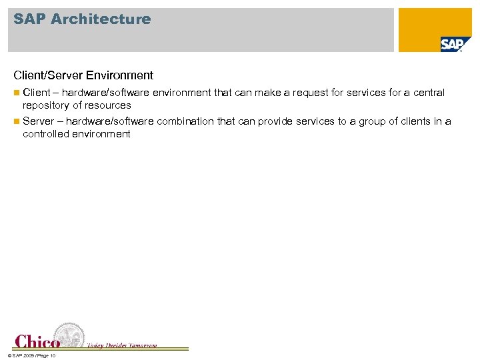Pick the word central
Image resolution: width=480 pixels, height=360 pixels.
pyautogui.click(x=429, y=93)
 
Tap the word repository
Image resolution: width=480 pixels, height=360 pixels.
pyautogui.click(x=47, y=105)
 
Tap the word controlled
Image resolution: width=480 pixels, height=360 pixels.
pyautogui.click(x=49, y=134)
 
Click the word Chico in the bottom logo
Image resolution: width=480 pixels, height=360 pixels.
pyautogui.click(x=37, y=341)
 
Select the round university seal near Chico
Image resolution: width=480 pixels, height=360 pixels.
pyautogui.click(x=69, y=335)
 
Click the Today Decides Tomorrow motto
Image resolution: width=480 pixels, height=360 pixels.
pyautogui.click(x=122, y=345)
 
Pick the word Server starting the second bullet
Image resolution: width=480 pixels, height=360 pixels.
pyautogui.click(x=38, y=121)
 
